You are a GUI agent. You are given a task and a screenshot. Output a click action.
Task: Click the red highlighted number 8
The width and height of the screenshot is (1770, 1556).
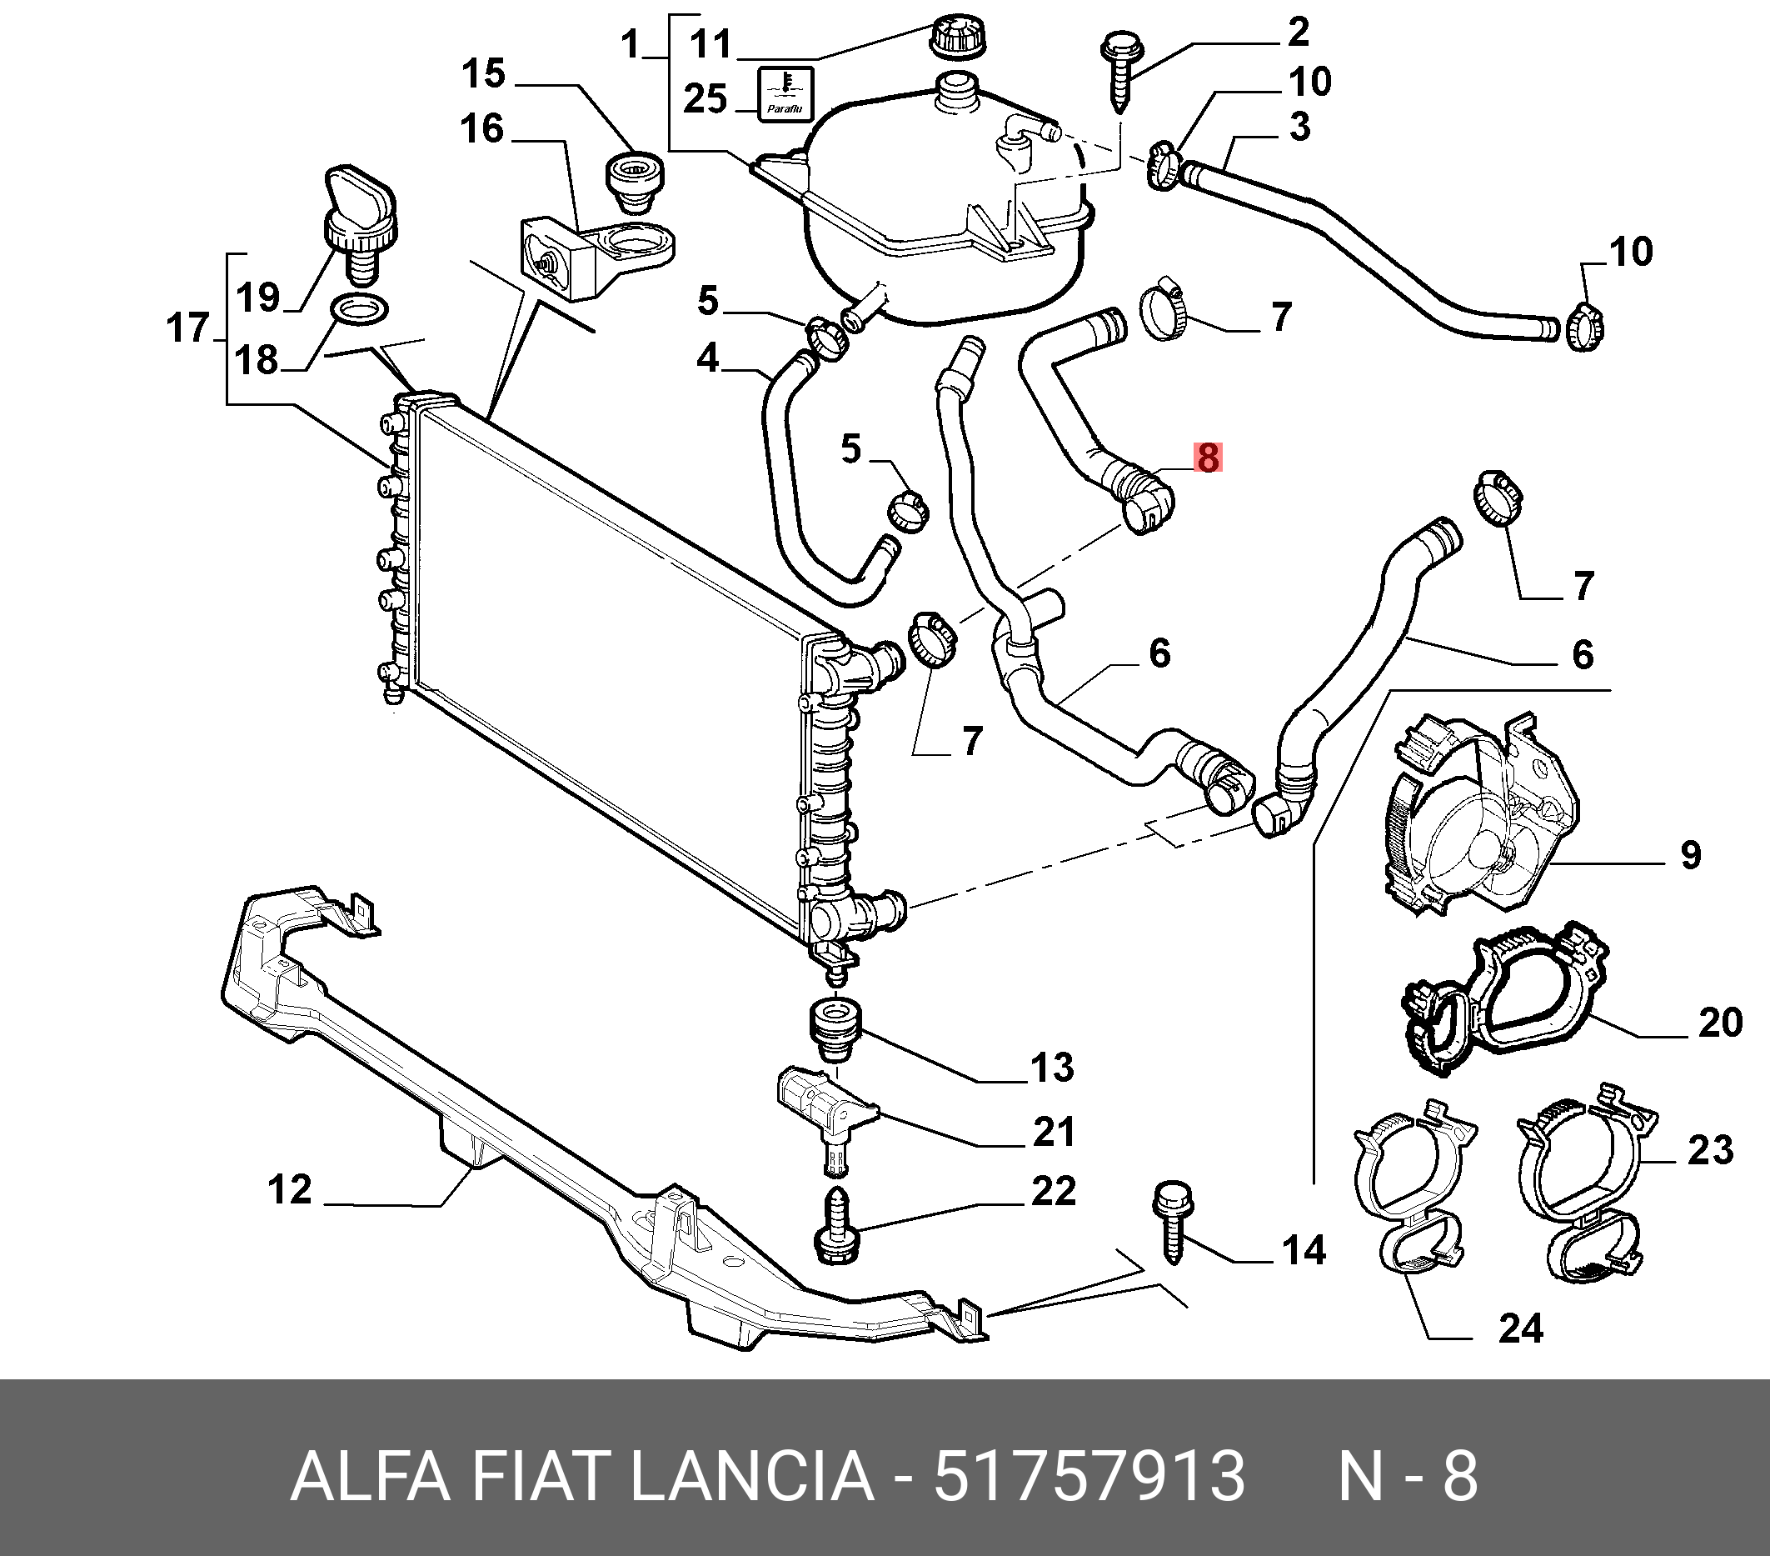pyautogui.click(x=1207, y=458)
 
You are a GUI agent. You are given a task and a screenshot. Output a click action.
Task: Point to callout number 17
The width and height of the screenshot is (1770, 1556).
pyautogui.click(x=188, y=328)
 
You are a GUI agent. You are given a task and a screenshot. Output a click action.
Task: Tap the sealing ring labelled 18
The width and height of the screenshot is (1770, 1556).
pyautogui.click(x=359, y=308)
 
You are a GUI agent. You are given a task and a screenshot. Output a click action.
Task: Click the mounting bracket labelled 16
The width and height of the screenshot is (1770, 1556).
pyautogui.click(x=597, y=256)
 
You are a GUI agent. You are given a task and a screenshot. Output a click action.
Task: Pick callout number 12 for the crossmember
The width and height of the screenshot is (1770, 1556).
pyautogui.click(x=289, y=1189)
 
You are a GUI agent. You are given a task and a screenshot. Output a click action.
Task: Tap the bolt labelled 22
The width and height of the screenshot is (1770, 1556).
pyautogui.click(x=838, y=1228)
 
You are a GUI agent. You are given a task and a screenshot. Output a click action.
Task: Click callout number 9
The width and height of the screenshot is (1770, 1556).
pyautogui.click(x=1690, y=855)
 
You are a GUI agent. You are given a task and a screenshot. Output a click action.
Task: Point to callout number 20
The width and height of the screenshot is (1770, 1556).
pyautogui.click(x=1720, y=1023)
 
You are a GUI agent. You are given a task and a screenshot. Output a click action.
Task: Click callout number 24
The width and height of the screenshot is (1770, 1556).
pyautogui.click(x=1521, y=1328)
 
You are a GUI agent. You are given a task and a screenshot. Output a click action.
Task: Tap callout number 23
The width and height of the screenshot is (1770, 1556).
pyautogui.click(x=1710, y=1150)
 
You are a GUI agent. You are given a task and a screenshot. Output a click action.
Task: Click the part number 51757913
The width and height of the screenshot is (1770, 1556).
pyautogui.click(x=1089, y=1475)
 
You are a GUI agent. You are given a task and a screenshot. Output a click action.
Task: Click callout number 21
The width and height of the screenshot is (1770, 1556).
pyautogui.click(x=1053, y=1132)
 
